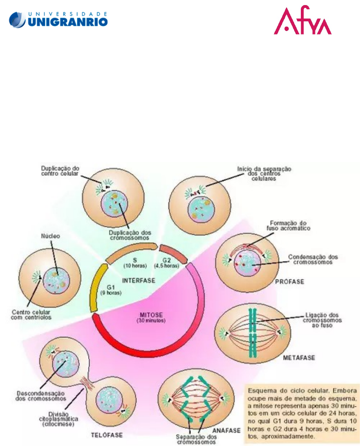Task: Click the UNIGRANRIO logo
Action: [x=59, y=19]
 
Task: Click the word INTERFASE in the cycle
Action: [x=138, y=280]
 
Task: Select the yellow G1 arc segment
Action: [x=96, y=286]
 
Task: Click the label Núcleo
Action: [x=50, y=237]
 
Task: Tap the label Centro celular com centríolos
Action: [x=32, y=314]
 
